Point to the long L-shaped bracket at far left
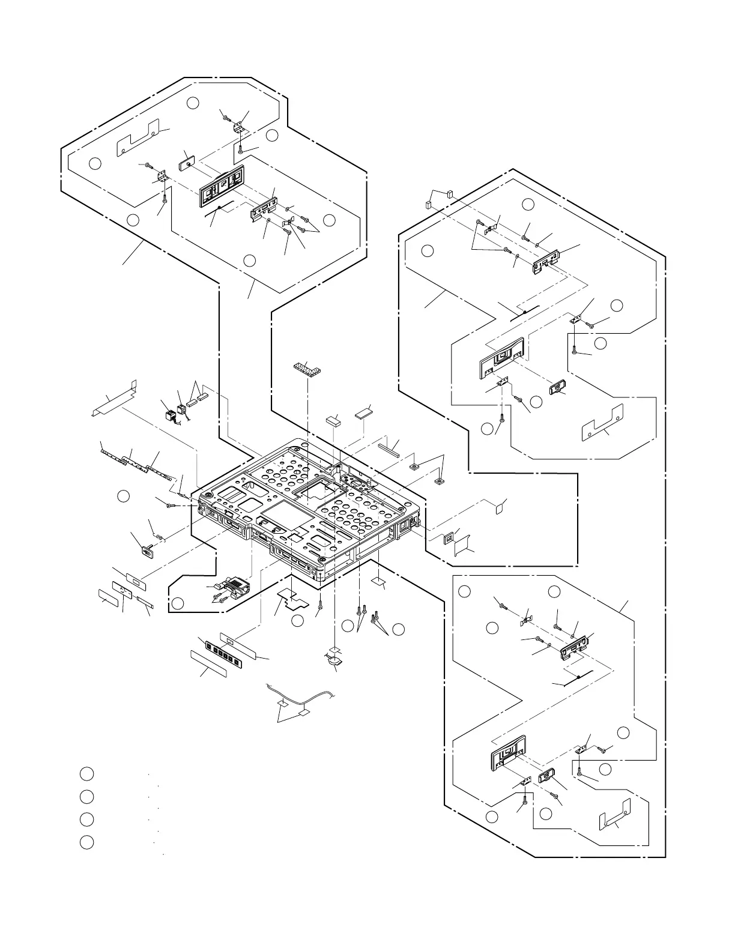(114, 397)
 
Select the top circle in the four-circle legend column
(86, 773)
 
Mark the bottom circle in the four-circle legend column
(86, 842)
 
